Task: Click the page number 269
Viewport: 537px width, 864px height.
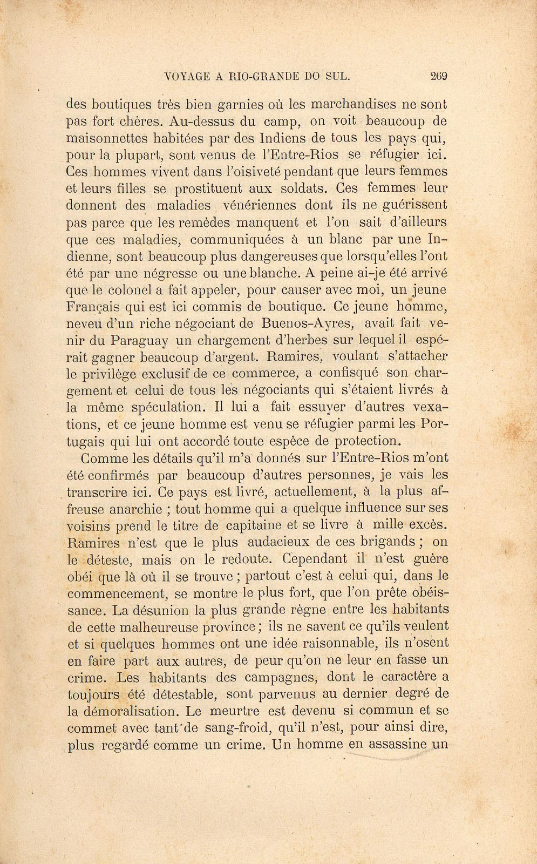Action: (439, 76)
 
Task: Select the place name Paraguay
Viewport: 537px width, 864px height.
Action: (139, 341)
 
